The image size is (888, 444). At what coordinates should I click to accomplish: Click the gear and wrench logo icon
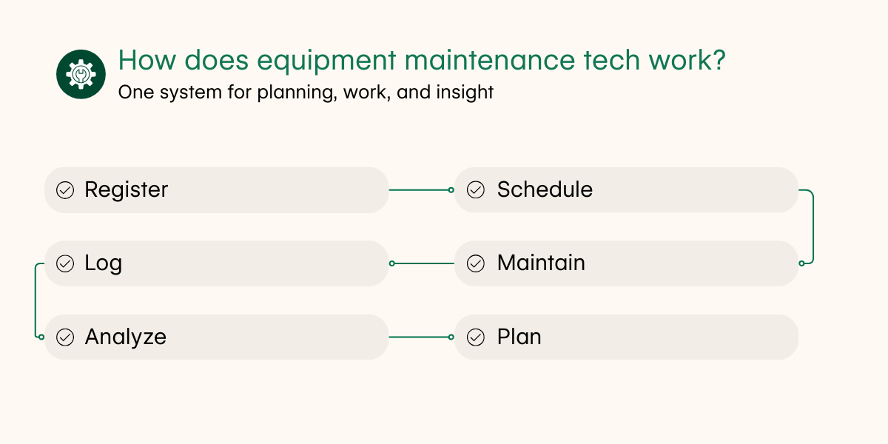click(81, 74)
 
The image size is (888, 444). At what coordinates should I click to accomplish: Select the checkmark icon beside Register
click(65, 190)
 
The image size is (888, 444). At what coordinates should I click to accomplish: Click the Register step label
click(127, 190)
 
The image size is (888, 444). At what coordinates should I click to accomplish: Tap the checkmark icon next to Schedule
click(476, 190)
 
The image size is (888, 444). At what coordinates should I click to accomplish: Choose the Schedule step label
click(545, 190)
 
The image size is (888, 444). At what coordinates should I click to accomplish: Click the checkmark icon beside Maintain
click(476, 263)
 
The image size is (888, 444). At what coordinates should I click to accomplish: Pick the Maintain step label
click(541, 263)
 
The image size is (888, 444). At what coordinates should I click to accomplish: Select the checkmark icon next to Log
click(65, 263)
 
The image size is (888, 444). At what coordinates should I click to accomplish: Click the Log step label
click(104, 263)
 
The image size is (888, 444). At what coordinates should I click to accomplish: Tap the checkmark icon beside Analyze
click(65, 337)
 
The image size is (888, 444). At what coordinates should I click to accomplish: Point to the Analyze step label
click(126, 337)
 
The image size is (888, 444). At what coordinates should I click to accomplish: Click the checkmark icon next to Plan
click(476, 337)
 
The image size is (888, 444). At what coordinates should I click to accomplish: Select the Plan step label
click(519, 337)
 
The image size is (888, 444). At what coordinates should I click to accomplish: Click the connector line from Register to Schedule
click(420, 190)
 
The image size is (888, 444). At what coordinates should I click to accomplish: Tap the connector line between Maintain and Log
click(422, 263)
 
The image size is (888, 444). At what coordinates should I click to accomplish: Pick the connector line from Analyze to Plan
click(420, 337)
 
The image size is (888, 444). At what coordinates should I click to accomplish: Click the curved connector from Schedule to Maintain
click(813, 226)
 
